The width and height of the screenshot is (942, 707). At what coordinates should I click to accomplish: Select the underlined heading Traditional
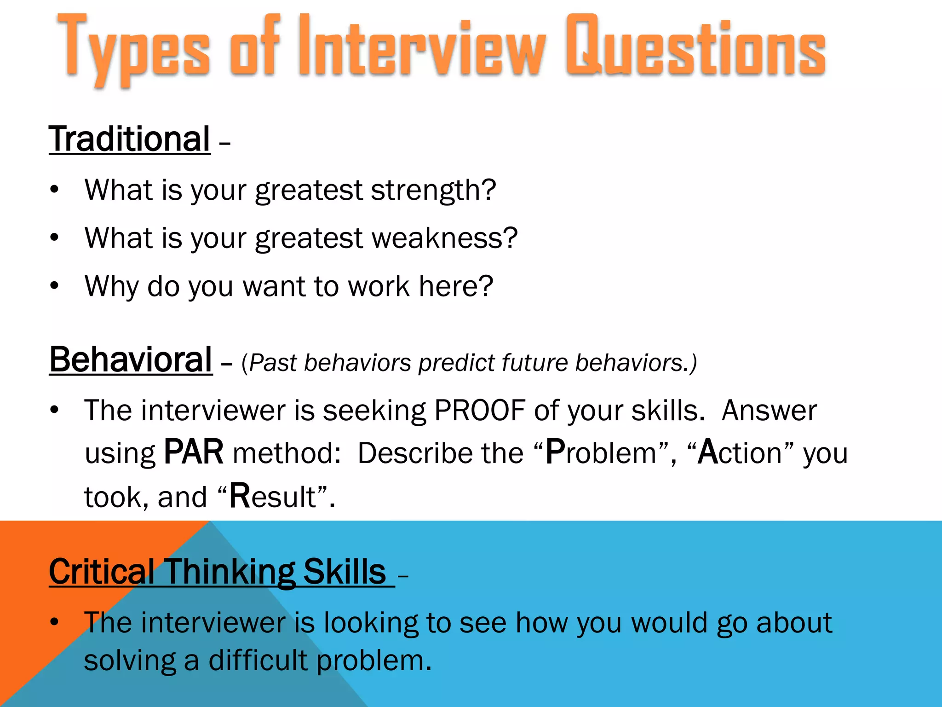pos(130,139)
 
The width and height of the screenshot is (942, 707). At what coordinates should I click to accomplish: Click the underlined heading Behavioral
pos(131,360)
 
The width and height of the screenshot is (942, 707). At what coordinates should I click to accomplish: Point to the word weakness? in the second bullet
pos(444,238)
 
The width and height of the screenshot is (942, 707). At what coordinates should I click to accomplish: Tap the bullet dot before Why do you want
pos(55,286)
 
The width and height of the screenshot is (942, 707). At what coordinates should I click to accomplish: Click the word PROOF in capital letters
pos(480,410)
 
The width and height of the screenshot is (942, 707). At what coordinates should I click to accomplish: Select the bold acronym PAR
pos(194,452)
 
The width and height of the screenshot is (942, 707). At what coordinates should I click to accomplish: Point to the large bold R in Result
pos(240,496)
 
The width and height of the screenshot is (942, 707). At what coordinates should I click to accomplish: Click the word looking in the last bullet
pos(371,623)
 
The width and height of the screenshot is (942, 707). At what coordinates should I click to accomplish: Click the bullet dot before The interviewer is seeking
pos(55,410)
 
